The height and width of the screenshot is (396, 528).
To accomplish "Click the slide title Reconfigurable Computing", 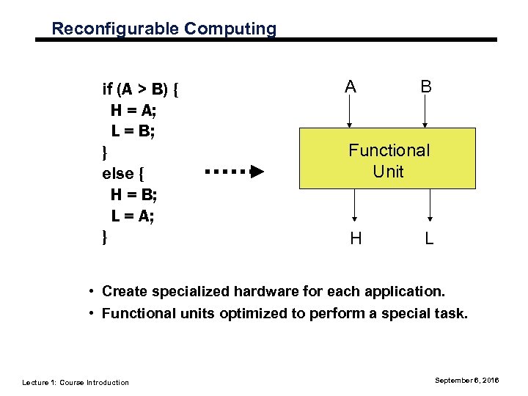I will [164, 29].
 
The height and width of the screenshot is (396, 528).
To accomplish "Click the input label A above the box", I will [351, 87].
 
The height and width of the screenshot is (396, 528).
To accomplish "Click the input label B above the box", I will [425, 87].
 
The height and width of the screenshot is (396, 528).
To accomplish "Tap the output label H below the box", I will [356, 238].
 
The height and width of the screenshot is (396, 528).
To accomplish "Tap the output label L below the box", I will [430, 238].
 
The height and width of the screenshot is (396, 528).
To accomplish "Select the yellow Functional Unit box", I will [388, 159].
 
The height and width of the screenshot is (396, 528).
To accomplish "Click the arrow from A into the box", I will [351, 113].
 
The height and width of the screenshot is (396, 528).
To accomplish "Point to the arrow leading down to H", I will [356, 205].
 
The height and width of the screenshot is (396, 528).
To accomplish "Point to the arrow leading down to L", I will [430, 205].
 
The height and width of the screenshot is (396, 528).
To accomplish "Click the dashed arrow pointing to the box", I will [234, 172].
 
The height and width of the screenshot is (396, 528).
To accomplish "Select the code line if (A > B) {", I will [142, 90].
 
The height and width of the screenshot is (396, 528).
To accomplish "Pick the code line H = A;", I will [133, 111].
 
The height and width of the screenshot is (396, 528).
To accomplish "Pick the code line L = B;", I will [133, 131].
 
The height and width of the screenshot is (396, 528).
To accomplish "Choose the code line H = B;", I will [133, 194].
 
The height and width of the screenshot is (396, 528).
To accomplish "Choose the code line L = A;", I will [133, 216].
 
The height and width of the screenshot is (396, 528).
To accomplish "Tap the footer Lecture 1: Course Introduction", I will [76, 382].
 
